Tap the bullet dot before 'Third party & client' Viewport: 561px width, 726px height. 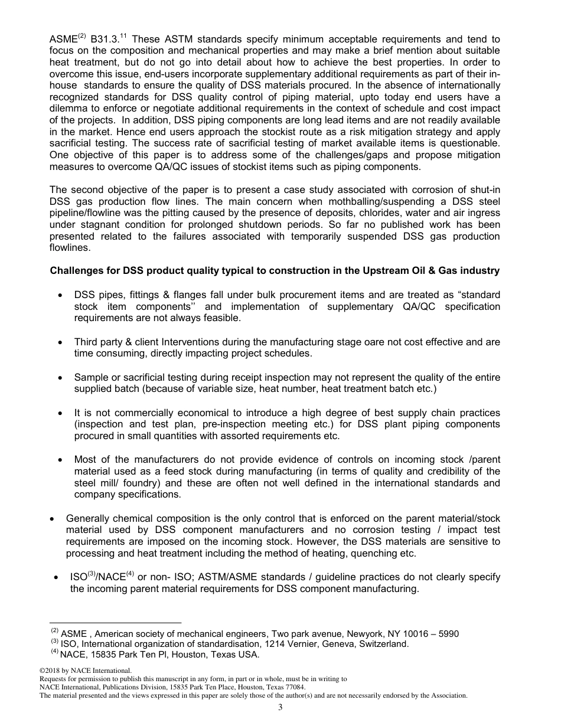click(61, 342)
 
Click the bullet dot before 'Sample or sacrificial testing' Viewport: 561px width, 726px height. click(61, 378)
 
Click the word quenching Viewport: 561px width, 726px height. click(370, 554)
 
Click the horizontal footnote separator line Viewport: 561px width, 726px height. click(115, 622)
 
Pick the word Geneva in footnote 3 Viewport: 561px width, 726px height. click(314, 644)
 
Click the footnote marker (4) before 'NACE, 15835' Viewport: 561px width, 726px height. click(54, 652)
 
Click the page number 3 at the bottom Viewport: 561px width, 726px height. click(280, 708)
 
